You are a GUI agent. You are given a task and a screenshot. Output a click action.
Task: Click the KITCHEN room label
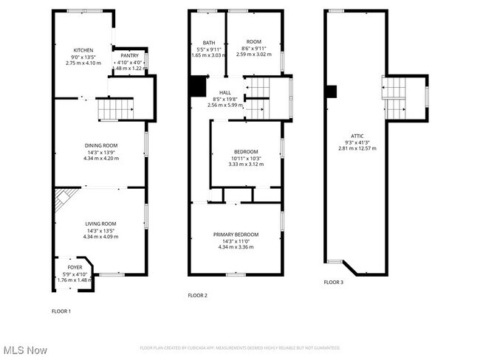(x=83, y=49)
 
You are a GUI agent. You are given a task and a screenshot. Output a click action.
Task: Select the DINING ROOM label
(x=100, y=145)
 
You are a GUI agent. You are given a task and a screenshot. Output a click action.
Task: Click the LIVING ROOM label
(x=100, y=224)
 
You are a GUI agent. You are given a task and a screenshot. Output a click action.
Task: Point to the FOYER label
(x=75, y=268)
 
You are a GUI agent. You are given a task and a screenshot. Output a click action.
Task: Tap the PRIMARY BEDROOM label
(x=236, y=235)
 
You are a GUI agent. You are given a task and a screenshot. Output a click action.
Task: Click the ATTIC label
(x=357, y=136)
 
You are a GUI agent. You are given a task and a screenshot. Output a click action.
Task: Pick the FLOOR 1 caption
(x=61, y=311)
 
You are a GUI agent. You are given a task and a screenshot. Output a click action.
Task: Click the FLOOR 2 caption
(x=197, y=295)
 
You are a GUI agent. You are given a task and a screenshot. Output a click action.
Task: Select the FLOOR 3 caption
(x=333, y=282)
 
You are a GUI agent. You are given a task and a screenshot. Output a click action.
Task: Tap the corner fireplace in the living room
(x=62, y=199)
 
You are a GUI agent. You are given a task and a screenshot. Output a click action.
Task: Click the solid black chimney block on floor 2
(x=197, y=86)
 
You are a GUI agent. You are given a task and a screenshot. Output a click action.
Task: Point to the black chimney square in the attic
(x=332, y=91)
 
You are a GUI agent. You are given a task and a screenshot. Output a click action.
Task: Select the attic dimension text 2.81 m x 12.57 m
(x=357, y=148)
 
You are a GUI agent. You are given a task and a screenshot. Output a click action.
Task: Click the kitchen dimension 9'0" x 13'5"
(x=83, y=56)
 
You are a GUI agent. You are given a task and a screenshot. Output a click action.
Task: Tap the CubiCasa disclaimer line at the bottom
(x=240, y=348)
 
